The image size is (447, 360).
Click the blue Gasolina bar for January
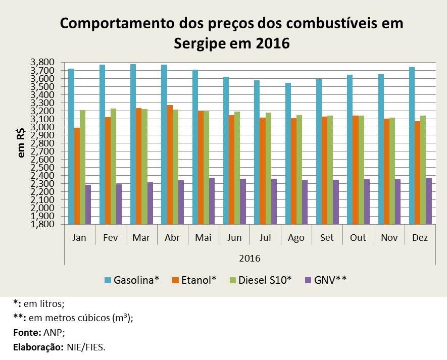[x=71, y=146]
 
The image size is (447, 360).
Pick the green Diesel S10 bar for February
[x=113, y=166]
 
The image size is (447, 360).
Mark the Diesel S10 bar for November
[x=391, y=171]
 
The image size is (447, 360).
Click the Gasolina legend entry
[x=131, y=279]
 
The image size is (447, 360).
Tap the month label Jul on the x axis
[x=265, y=237]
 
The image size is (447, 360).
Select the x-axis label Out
[x=358, y=237]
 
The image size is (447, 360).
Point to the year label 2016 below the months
[x=250, y=258]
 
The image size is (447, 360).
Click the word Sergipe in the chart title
[x=200, y=43]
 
